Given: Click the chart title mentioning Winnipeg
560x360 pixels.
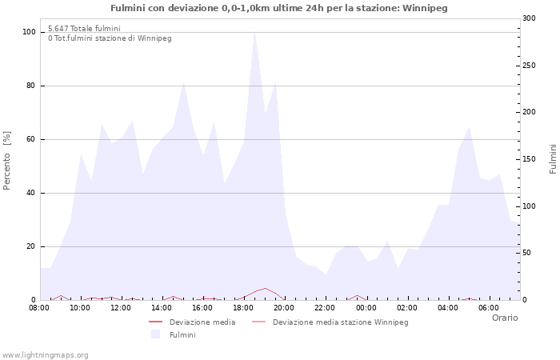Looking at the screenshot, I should point(279,8).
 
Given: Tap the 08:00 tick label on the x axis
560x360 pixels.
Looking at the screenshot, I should point(39,308).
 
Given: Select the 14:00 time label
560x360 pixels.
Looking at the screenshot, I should point(162,308).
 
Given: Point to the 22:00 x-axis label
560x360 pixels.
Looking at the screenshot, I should point(325,308).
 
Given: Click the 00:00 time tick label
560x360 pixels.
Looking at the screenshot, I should point(366,308).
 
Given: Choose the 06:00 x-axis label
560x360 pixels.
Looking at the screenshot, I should point(488,308).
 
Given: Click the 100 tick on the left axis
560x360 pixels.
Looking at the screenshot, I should point(30,32).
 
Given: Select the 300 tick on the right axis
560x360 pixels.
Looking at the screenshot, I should point(529,18).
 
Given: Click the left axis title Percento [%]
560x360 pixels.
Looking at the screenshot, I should point(8,160).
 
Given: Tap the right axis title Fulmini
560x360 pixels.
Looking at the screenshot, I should point(553,159).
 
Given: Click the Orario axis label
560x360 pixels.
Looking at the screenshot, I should point(504,318).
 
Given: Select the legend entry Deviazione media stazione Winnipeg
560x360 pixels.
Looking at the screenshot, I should point(340,322).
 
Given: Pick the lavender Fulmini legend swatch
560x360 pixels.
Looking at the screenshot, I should point(155,334).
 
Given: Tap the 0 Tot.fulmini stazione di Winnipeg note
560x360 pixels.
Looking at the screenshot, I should point(110,38).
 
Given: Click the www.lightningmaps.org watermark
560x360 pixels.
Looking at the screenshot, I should point(45,355).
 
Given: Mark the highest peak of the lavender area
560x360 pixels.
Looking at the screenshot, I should point(254,32).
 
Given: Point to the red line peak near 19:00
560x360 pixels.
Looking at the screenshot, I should point(265,288).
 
